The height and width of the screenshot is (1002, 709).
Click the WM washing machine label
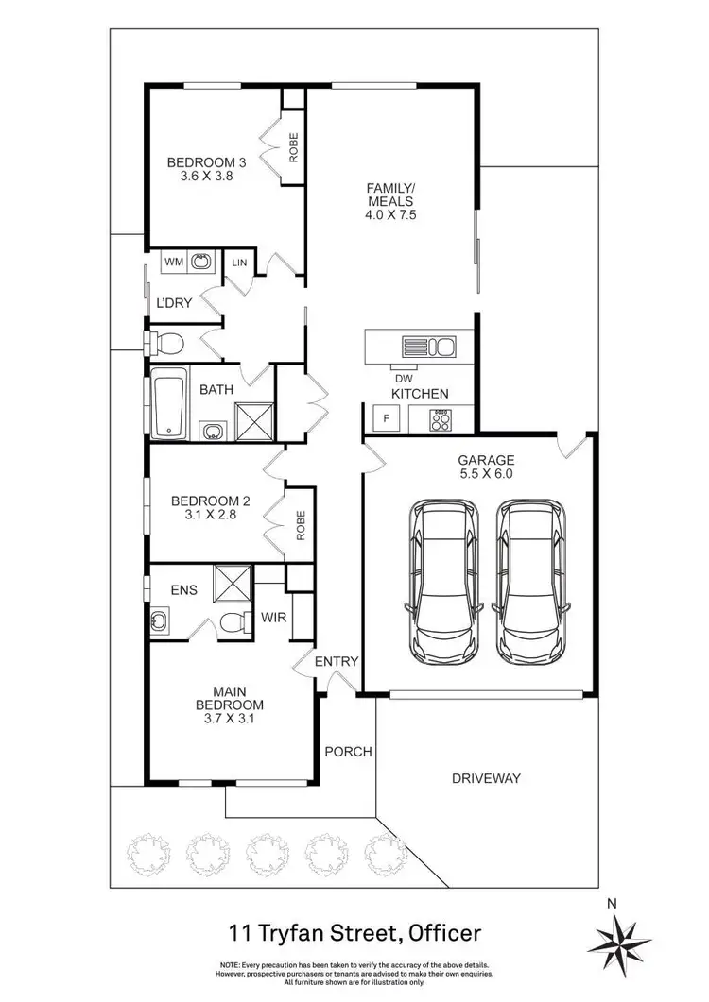[174, 262]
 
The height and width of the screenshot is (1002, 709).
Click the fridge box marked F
[386, 417]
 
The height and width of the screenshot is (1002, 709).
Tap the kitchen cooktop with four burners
[441, 418]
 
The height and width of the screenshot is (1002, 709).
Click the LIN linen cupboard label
[238, 262]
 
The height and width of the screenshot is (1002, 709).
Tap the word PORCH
[348, 752]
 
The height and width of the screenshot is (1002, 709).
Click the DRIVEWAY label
[486, 778]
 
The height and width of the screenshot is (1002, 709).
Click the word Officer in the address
[442, 933]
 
